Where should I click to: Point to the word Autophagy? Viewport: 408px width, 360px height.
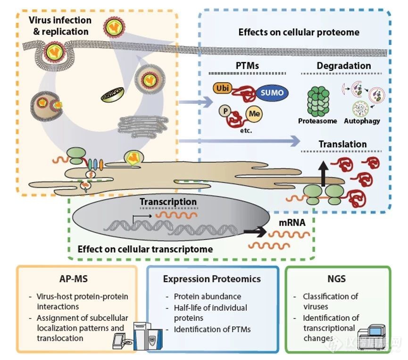[x=362, y=121]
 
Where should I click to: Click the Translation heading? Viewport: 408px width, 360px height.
[x=342, y=144]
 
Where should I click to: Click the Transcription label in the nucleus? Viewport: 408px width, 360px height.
[x=168, y=201]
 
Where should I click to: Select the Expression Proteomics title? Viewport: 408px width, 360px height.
[x=212, y=279]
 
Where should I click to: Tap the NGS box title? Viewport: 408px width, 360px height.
[x=337, y=279]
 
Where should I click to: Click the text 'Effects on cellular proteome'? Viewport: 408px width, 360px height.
[x=299, y=32]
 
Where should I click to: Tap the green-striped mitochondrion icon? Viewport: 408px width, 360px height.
[x=113, y=95]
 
